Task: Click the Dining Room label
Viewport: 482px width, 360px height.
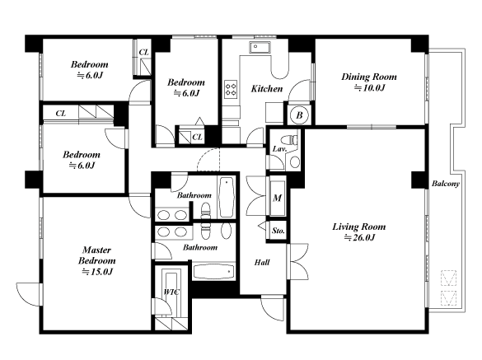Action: coord(369,77)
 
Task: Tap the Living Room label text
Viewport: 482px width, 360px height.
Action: coord(359,227)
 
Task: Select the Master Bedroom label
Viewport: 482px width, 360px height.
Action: coord(97,255)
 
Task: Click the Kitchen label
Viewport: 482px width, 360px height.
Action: coord(267,88)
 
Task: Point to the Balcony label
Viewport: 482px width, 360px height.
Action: coord(446,184)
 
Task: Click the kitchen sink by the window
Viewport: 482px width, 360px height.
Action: coord(260,47)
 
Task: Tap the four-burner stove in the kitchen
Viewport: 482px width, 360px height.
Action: coord(232,89)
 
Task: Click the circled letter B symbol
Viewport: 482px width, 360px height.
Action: coord(299,115)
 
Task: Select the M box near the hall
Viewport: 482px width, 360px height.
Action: coord(278,198)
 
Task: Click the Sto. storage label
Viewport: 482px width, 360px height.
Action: coord(278,231)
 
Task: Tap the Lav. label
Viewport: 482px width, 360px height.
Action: coord(279,149)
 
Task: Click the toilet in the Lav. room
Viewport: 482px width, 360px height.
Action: coord(290,139)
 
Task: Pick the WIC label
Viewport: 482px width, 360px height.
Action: coord(171,292)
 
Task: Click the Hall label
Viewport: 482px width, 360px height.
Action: coord(262,262)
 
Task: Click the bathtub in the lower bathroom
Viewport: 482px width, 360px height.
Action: coord(214,272)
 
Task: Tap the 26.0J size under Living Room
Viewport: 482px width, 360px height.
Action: coord(359,237)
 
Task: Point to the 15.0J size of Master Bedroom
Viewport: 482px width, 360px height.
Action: coord(97,272)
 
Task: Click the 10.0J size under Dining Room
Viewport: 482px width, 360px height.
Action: coord(369,88)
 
